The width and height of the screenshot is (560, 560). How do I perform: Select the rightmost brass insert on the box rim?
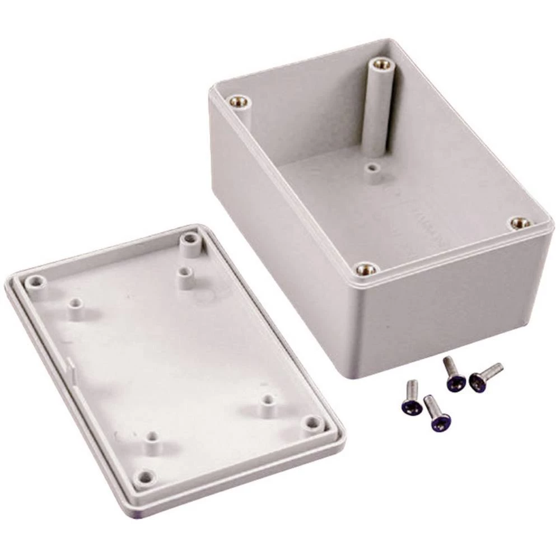tap(520, 223)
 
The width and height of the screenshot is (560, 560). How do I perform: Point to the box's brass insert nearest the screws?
tap(367, 269)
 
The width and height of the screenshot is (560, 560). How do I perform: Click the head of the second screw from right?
tap(455, 382)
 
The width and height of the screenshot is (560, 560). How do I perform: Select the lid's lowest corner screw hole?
tap(146, 477)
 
